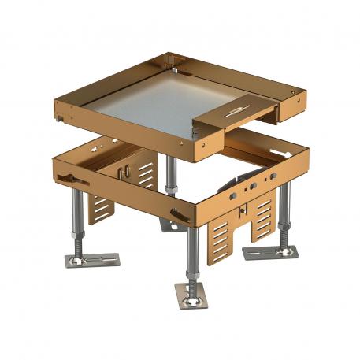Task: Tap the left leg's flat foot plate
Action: pyautogui.click(x=92, y=259)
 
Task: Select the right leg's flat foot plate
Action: pyautogui.click(x=270, y=252)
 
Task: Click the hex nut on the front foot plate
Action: pyautogui.click(x=191, y=290)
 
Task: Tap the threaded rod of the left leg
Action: pyautogui.click(x=77, y=221)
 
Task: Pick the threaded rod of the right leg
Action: pyautogui.click(x=284, y=213)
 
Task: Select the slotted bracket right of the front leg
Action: pyautogui.click(x=222, y=236)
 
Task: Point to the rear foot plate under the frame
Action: pyautogui.click(x=172, y=225)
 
